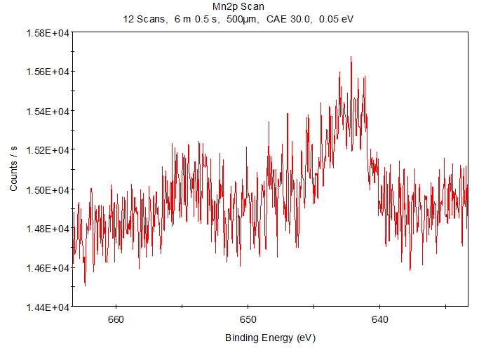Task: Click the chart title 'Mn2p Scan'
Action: (x=239, y=7)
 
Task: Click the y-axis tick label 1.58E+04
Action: (x=47, y=32)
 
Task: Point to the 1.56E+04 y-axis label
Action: (x=47, y=72)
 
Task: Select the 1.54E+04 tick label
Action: (x=47, y=111)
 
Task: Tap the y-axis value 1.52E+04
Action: (x=47, y=150)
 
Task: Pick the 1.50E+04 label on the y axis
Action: (x=47, y=189)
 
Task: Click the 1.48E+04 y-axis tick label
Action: (x=47, y=229)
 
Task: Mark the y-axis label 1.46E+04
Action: (x=47, y=268)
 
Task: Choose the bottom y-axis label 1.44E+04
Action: (x=47, y=307)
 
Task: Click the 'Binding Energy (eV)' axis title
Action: (x=271, y=338)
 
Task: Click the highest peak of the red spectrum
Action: (x=351, y=58)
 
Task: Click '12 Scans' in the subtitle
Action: (x=144, y=19)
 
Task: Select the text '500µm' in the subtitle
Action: (x=243, y=19)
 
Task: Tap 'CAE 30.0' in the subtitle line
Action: (x=288, y=19)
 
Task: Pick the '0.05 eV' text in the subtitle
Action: (x=336, y=19)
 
